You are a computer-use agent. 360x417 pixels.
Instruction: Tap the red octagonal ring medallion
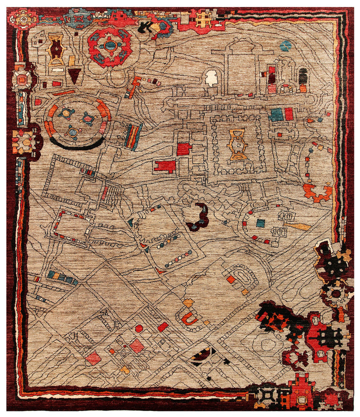point(110,46)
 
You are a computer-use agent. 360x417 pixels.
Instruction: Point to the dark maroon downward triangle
point(74,75)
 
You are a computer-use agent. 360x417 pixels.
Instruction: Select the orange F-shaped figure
point(133,86)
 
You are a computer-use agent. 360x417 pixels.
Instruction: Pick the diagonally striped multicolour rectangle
point(133,136)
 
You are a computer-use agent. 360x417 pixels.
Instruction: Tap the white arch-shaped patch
point(212,77)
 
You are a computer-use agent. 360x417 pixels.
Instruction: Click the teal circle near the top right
point(285,46)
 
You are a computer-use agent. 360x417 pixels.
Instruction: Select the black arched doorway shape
point(302,76)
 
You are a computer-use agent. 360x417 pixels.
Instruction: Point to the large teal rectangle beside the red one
point(276,115)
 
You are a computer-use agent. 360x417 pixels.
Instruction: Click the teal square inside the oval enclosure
point(260,223)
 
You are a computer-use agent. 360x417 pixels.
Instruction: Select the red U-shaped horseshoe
point(188,318)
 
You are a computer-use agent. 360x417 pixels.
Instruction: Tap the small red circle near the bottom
point(139,328)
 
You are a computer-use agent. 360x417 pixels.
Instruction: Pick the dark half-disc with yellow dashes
point(204,355)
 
